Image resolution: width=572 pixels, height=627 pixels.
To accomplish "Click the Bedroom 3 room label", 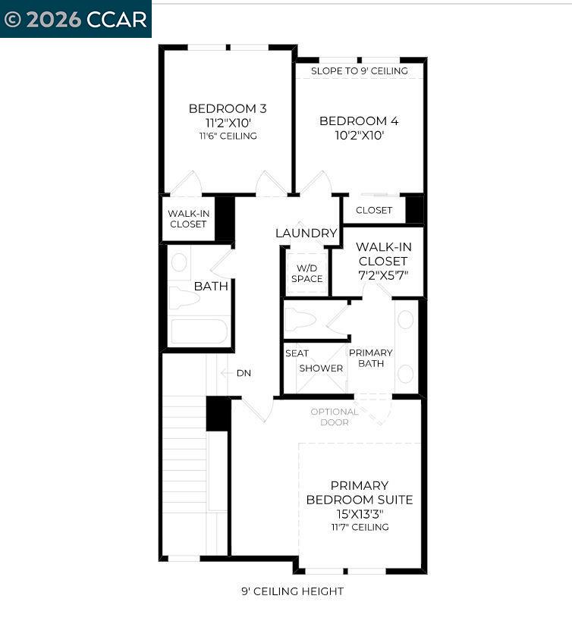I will (228, 108).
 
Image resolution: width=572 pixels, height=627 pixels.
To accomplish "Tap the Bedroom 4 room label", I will (359, 121).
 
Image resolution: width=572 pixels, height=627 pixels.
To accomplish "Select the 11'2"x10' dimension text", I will (228, 123).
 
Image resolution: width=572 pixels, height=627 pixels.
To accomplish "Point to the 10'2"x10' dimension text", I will (359, 136).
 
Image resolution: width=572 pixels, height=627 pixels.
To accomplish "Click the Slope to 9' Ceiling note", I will (360, 71).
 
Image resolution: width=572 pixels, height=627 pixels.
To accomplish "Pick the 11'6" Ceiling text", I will (228, 136).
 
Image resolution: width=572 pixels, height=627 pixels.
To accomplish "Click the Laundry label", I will (306, 234).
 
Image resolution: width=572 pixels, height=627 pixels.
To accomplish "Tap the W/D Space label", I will (307, 273).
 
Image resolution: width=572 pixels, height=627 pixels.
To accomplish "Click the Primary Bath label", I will (371, 358).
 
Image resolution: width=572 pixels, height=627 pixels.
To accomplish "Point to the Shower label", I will (321, 368).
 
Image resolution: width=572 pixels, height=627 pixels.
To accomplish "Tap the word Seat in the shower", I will (297, 353).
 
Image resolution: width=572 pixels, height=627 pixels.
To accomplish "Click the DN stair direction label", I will (244, 373).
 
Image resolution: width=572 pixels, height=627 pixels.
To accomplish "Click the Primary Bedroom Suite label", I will (360, 493).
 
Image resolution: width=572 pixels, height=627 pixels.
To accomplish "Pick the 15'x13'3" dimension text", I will (360, 514).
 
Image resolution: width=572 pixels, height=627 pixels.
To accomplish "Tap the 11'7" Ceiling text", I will (360, 527).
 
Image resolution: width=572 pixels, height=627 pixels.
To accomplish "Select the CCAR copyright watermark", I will (75, 19).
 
